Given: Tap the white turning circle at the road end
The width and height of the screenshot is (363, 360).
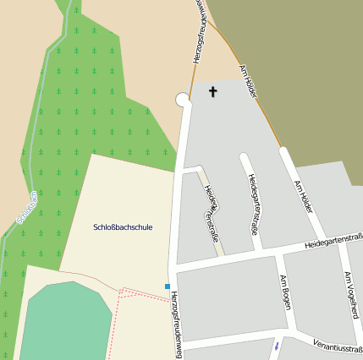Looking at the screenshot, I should [182, 100].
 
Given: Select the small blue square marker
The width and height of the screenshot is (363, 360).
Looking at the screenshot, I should [168, 286].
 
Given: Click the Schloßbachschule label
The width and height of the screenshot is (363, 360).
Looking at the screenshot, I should [123, 227].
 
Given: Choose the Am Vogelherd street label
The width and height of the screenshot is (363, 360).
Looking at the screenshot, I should [352, 291].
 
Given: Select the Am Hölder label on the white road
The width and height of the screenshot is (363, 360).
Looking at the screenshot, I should [304, 197].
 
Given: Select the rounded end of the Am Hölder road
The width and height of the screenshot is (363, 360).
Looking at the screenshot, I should [284, 152].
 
